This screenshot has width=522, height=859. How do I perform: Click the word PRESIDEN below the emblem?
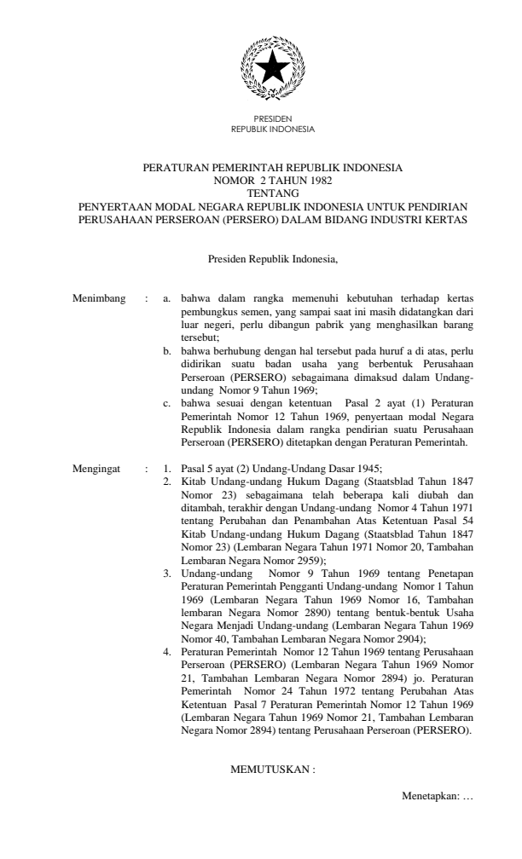(x=272, y=119)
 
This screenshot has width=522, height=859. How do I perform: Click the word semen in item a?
(x=262, y=312)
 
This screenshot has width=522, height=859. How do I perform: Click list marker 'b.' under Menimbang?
(x=168, y=350)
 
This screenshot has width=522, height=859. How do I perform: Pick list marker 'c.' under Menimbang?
(x=168, y=401)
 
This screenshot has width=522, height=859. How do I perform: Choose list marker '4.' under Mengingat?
(x=168, y=650)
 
